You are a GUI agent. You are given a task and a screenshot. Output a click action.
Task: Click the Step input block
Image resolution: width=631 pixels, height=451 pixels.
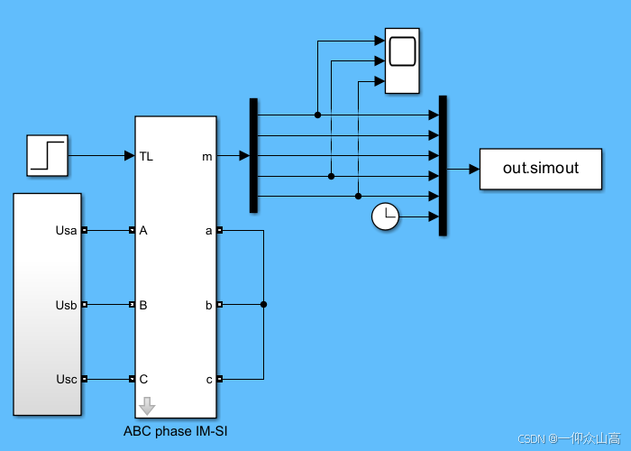[x=47, y=155]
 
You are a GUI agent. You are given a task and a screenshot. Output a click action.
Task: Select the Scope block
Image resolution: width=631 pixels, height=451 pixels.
[x=402, y=60]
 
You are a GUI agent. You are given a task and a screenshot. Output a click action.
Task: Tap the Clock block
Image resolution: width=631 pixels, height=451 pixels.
[x=385, y=216]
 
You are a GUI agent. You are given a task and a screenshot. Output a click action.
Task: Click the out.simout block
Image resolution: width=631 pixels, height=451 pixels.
[x=540, y=169]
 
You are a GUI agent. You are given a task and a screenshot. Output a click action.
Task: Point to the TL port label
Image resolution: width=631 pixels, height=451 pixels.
[x=146, y=156]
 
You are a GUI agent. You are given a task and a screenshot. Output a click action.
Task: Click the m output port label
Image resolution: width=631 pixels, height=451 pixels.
[x=207, y=156]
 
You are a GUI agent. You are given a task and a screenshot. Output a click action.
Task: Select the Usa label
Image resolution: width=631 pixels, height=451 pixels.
[x=67, y=231]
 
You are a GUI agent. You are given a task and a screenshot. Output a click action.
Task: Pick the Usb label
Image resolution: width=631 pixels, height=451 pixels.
[x=67, y=305]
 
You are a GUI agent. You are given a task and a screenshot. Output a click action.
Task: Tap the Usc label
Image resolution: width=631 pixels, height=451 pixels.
[x=67, y=379]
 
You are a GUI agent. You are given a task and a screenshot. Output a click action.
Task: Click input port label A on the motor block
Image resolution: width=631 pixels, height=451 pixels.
[x=143, y=231]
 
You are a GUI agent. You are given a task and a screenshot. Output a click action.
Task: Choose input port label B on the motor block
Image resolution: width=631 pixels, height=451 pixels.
[x=143, y=305]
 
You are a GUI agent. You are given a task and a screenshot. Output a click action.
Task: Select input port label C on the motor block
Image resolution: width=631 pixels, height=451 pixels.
[x=143, y=379]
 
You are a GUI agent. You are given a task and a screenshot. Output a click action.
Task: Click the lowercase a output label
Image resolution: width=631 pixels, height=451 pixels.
[x=209, y=231]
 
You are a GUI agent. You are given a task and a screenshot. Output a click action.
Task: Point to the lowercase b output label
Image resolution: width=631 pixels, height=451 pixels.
[x=209, y=305]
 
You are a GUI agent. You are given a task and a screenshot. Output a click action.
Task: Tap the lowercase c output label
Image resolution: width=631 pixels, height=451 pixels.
[x=209, y=379]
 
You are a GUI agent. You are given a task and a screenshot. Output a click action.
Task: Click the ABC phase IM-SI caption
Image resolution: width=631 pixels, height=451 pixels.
[x=176, y=431]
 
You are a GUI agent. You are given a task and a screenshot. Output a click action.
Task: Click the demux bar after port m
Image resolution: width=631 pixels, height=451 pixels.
[x=253, y=155]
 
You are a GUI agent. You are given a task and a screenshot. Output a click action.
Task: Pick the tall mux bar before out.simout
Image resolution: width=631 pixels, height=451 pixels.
[x=443, y=165]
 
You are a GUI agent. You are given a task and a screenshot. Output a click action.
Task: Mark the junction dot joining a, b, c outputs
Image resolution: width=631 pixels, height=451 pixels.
[x=263, y=305]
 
